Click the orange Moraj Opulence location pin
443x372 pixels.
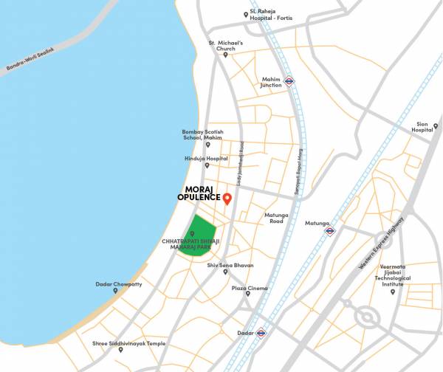[x=227, y=199]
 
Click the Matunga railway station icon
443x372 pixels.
[x=329, y=230]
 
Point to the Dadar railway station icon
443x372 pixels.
[x=260, y=333]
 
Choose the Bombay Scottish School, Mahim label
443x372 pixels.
[x=202, y=135]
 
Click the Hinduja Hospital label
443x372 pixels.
[x=206, y=158]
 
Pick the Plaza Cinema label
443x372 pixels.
[x=250, y=289]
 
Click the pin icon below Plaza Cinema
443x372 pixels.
[x=247, y=295]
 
